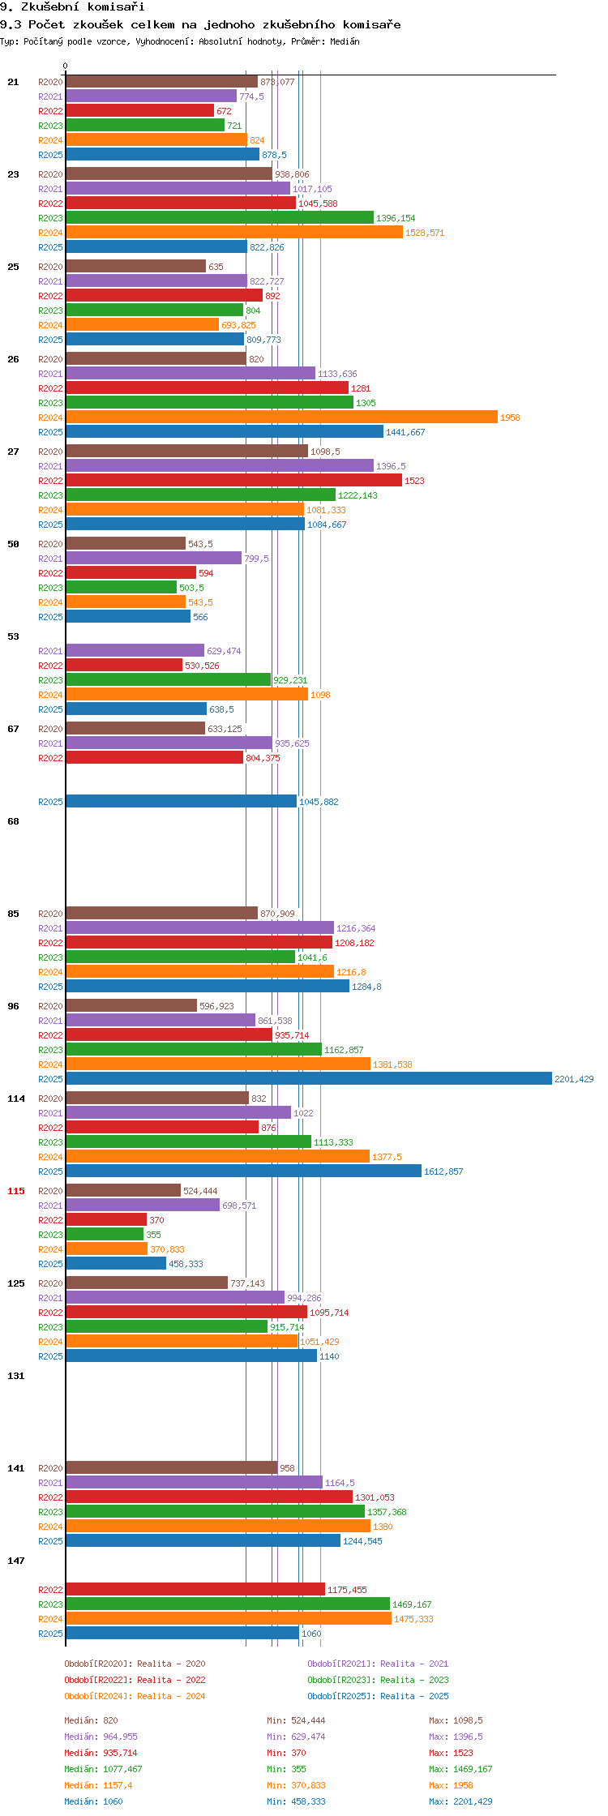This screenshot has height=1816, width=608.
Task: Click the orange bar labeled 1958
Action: tap(281, 417)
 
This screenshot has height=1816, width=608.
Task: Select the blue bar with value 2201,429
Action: tap(308, 1078)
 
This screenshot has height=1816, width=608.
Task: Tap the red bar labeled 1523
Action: tap(233, 480)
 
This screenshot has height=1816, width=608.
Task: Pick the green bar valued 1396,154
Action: tap(220, 217)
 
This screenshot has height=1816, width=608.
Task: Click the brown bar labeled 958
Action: tap(171, 1467)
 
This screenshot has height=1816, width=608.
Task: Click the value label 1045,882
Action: tap(319, 802)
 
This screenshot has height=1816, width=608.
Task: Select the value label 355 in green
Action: tap(153, 1235)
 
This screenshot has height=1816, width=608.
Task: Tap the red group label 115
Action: tap(16, 1191)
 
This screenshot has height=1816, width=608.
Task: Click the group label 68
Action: tap(14, 821)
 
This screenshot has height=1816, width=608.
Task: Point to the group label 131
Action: tap(16, 1376)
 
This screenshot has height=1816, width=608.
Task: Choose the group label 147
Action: tap(16, 1561)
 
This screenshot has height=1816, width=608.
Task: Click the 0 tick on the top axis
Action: tap(66, 66)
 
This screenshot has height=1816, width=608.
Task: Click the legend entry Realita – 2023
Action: tap(378, 1680)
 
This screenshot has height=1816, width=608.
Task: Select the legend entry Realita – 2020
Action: tap(135, 1664)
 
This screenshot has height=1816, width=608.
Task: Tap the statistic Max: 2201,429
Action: tap(460, 1801)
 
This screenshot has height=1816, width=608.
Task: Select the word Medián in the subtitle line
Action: tap(345, 41)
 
